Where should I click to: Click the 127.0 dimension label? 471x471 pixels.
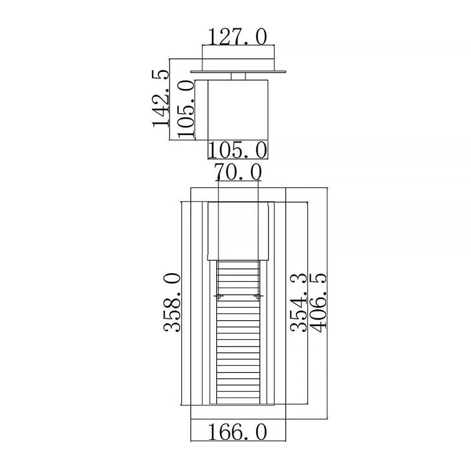237,37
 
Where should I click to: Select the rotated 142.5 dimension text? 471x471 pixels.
161,98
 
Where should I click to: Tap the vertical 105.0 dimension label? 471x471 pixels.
186,109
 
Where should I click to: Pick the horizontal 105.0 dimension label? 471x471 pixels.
237,150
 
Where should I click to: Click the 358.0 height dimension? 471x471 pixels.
172,303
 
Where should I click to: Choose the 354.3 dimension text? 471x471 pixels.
299,303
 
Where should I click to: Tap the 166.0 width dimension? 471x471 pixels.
237,432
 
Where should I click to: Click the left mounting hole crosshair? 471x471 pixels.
218,297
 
